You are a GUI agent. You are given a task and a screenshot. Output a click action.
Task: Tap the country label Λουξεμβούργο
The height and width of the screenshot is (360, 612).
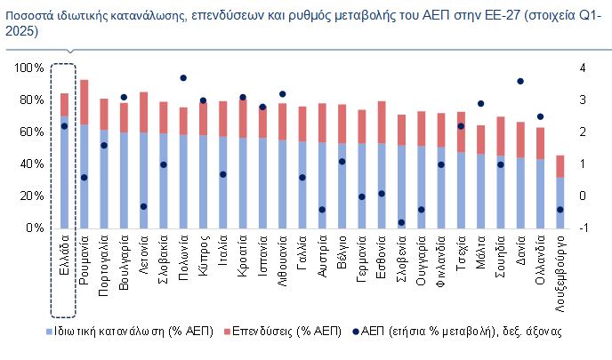click(560, 267)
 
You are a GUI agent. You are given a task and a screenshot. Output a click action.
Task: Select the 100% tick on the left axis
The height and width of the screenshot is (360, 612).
click(31, 68)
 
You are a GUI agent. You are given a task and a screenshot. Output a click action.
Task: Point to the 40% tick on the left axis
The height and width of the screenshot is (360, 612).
click(34, 164)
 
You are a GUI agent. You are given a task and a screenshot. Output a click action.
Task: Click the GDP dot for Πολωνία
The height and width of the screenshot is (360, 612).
click(183, 78)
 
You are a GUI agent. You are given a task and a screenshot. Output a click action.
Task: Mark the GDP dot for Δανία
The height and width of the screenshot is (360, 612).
click(520, 82)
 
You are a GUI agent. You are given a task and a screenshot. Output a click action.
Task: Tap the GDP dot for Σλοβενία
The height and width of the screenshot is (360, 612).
click(401, 222)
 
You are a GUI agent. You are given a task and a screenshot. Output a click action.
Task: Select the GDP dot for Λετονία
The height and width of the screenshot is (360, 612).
click(143, 206)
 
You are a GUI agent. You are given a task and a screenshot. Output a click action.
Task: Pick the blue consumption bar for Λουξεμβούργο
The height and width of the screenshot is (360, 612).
click(560, 202)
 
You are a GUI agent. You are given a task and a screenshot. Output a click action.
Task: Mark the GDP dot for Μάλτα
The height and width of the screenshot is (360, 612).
click(480, 104)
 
